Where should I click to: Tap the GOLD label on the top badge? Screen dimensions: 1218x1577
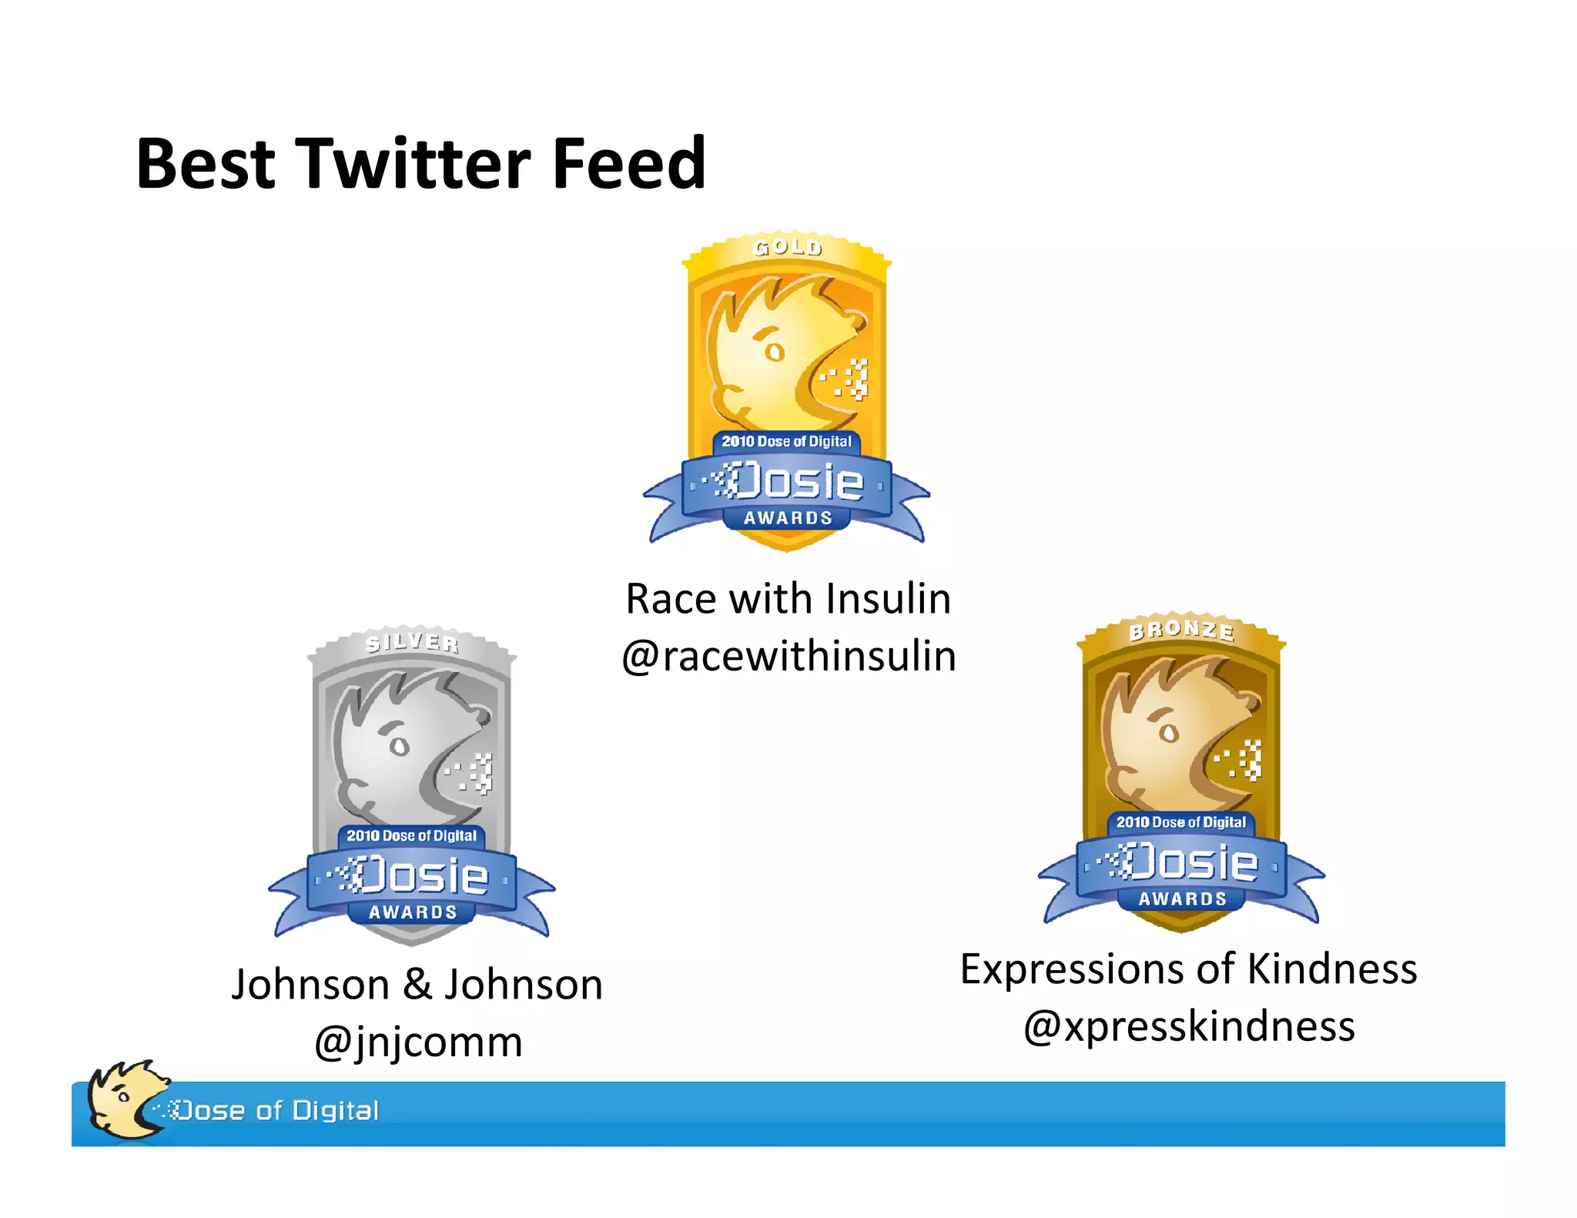point(788,247)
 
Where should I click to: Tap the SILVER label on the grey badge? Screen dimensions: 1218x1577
point(412,642)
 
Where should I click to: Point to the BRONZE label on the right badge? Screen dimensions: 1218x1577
point(1182,631)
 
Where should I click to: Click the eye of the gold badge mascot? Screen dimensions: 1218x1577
point(775,353)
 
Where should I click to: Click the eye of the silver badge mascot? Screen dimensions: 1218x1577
point(399,746)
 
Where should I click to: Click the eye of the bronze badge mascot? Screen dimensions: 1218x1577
point(1169,733)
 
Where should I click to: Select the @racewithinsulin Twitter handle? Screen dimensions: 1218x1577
point(788,657)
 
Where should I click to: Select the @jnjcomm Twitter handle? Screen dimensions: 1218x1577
point(418,1042)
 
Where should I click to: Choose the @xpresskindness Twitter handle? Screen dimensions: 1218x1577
point(1189,1026)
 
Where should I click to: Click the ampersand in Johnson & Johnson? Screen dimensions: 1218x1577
point(417,985)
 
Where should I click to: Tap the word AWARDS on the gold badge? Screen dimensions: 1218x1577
point(788,518)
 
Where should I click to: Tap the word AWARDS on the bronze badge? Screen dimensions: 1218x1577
point(1183,898)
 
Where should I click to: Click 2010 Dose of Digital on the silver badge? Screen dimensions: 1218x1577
point(411,835)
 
